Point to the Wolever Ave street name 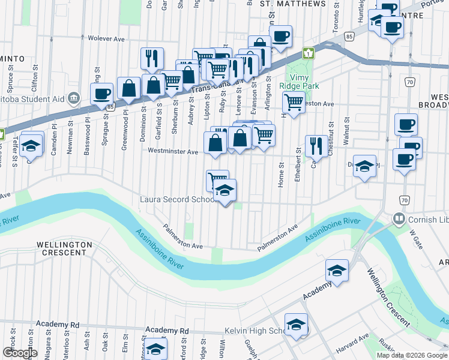coord(106,38)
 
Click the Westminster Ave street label coord(173,152)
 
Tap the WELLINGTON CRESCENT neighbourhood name coord(64,248)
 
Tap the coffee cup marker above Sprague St coord(101,94)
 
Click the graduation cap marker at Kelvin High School coord(296,325)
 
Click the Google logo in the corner coord(20,353)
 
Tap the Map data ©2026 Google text coord(412,355)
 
